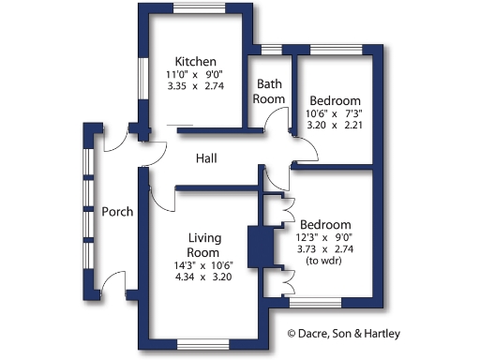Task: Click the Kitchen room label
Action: coord(197,61)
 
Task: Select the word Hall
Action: coord(206,158)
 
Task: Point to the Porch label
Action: coord(117,211)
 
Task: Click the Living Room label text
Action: coord(203,245)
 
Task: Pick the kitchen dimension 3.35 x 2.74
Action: coord(197,85)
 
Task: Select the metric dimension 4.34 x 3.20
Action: coord(203,277)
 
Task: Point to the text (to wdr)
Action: coord(325,261)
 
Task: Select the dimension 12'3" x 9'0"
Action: coord(325,237)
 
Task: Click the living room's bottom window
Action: coord(202,343)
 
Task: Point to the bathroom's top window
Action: coord(272,49)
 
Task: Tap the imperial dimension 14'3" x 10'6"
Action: coord(203,265)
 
